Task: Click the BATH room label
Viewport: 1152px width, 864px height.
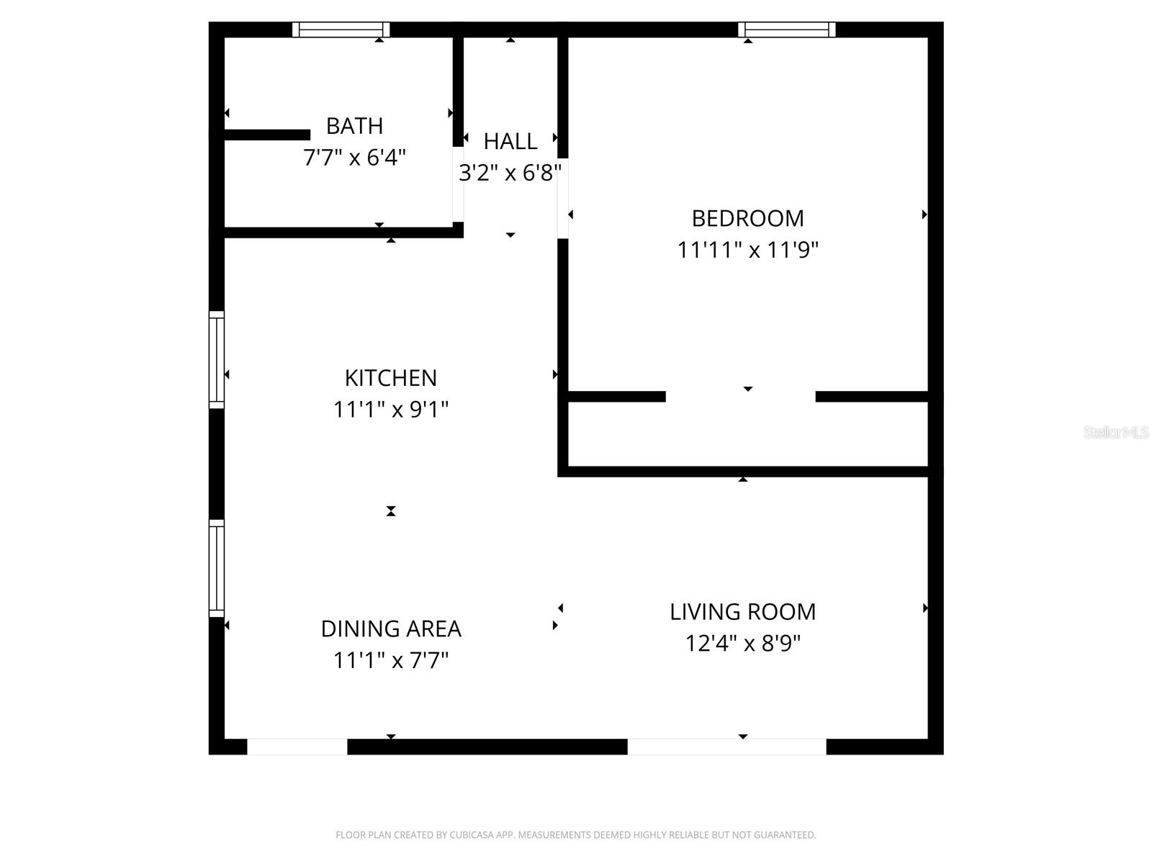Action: [x=354, y=126]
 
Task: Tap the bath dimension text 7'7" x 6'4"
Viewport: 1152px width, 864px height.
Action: [x=354, y=158]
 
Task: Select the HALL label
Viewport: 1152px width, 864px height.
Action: [x=510, y=141]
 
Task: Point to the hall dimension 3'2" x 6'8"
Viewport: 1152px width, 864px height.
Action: [x=510, y=173]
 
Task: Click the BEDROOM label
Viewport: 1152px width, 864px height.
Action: [x=747, y=218]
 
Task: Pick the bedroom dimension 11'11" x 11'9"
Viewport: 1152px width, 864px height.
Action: [x=747, y=250]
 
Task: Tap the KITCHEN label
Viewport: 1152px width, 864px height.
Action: [x=390, y=378]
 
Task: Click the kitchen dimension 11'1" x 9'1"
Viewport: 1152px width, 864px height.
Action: [x=390, y=410]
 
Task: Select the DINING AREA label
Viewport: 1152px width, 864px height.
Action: [x=390, y=629]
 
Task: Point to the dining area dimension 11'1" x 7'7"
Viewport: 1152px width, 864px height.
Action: [x=390, y=660]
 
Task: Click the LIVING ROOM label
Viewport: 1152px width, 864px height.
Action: [x=742, y=612]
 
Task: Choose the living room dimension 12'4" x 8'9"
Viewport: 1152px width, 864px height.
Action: [x=742, y=643]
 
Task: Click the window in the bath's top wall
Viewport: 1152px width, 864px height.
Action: [x=341, y=30]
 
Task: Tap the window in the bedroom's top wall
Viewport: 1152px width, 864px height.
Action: [x=786, y=30]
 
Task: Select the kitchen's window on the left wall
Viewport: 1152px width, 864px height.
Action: [x=217, y=360]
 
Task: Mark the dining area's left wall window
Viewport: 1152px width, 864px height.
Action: [x=217, y=568]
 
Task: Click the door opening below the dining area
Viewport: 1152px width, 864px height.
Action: [x=297, y=747]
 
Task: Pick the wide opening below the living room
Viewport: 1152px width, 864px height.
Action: [x=726, y=747]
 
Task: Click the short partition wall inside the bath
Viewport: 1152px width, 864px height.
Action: [x=267, y=135]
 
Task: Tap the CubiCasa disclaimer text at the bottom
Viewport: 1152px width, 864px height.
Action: [x=575, y=835]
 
